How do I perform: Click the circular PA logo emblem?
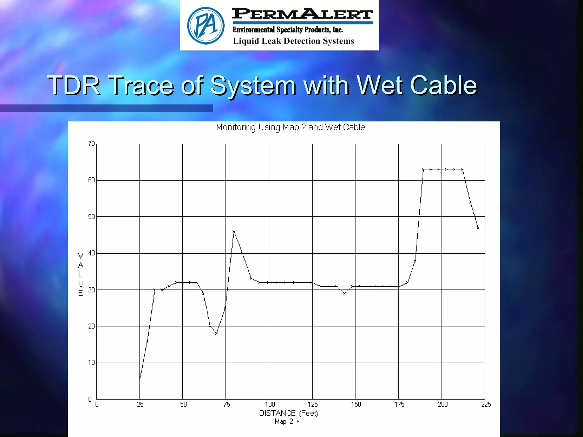tap(206, 26)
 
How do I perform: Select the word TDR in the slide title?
tap(74, 85)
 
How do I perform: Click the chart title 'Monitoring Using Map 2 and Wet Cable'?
tap(290, 127)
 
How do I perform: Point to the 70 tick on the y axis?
tap(91, 144)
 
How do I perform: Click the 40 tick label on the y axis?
tap(91, 253)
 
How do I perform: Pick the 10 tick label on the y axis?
tap(91, 363)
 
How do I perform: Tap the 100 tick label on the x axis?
tap(270, 404)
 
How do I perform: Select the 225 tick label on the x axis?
tap(486, 404)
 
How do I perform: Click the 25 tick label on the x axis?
tap(140, 404)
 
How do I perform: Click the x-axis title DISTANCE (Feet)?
tap(288, 413)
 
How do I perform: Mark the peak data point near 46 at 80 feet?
tap(234, 232)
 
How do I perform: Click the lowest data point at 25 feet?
tap(140, 378)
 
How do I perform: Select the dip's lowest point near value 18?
tap(216, 333)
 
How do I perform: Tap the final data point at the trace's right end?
tap(478, 228)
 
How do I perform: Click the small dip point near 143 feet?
tap(344, 293)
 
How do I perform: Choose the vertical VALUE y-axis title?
tap(81, 274)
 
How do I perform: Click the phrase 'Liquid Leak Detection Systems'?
tap(293, 41)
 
